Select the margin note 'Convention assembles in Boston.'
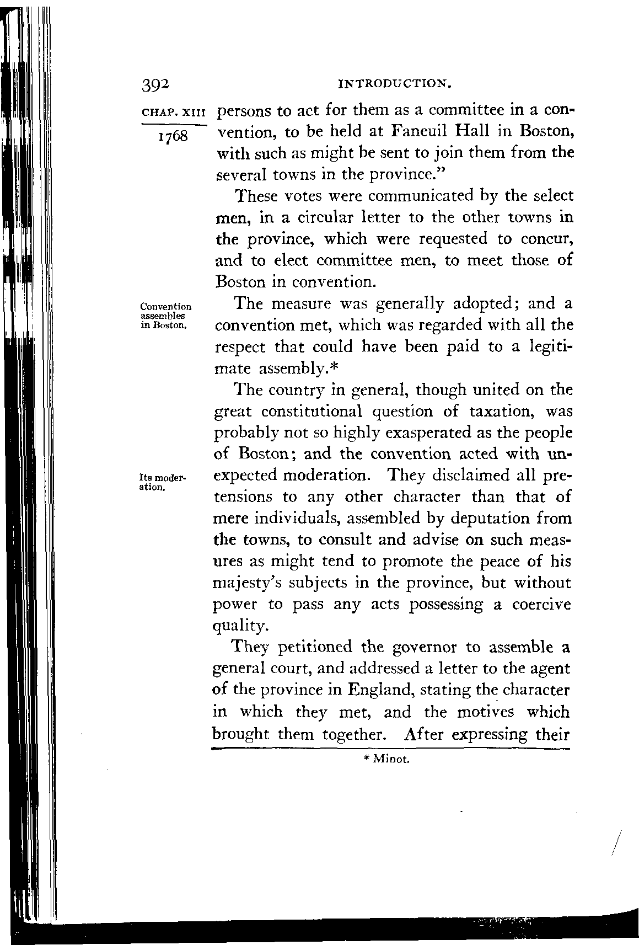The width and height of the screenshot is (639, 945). [166, 316]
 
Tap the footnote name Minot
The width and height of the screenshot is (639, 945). [390, 760]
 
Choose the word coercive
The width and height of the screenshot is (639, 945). [541, 605]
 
